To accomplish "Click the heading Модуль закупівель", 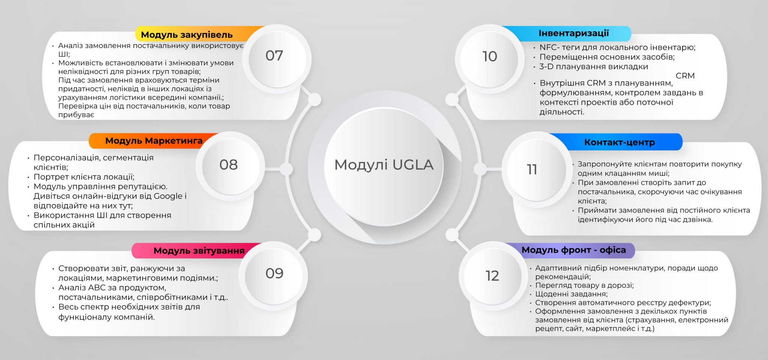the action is pyautogui.click(x=187, y=35).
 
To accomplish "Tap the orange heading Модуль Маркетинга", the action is pyautogui.click(x=154, y=141).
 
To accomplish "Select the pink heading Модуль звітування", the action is pyautogui.click(x=199, y=251).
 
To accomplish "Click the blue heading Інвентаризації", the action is pyautogui.click(x=573, y=33).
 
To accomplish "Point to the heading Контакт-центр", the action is pyautogui.click(x=619, y=142).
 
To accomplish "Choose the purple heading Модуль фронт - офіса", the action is pyautogui.click(x=573, y=250).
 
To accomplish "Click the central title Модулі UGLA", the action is pyautogui.click(x=384, y=165).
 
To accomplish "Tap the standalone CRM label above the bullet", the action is pyautogui.click(x=685, y=76).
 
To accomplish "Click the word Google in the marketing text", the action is pyautogui.click(x=168, y=196).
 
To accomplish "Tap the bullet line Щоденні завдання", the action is pyautogui.click(x=571, y=294).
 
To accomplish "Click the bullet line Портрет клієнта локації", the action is pyautogui.click(x=84, y=177).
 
